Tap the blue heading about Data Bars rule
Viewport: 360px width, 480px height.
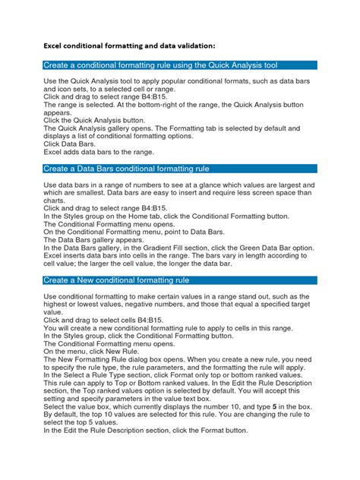[x=126, y=168]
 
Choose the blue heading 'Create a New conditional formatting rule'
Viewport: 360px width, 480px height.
[x=127, y=280]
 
